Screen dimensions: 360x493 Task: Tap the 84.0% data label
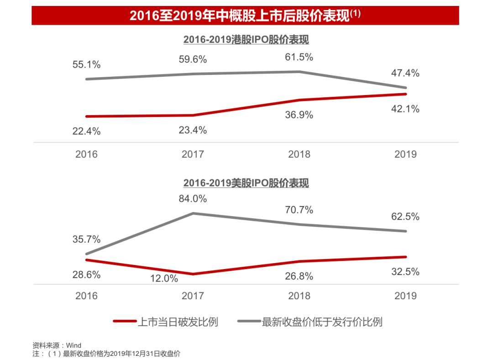pos(193,199)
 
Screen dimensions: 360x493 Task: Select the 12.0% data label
pos(164,278)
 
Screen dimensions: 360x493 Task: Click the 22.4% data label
pos(87,131)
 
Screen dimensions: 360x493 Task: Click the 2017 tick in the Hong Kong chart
pos(193,154)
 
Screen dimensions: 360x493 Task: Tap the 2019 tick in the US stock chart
pos(405,296)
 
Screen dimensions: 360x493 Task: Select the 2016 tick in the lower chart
pos(87,296)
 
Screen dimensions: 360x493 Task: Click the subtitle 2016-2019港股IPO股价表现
pos(246,40)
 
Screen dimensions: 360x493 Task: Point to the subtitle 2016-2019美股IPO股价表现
pos(246,183)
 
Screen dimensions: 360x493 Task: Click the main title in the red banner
pos(245,16)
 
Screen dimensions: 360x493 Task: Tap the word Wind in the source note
pos(73,345)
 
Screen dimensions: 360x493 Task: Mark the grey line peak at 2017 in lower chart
pos(193,213)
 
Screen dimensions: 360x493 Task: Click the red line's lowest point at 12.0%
pos(193,274)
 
